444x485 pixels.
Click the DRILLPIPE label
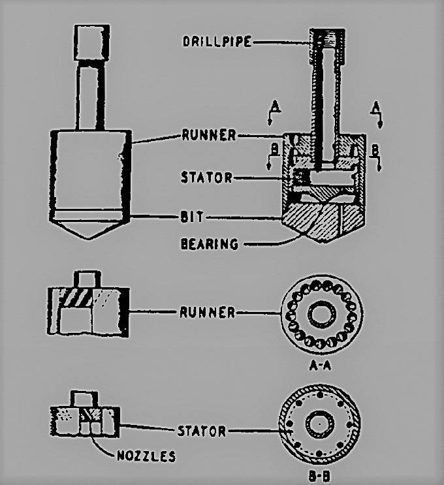pyautogui.click(x=217, y=41)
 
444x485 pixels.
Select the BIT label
pyautogui.click(x=192, y=217)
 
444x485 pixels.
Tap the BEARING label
pyautogui.click(x=210, y=244)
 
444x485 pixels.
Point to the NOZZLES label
pyautogui.click(x=146, y=456)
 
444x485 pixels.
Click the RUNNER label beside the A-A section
pyautogui.click(x=208, y=313)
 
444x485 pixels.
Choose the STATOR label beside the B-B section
pyautogui.click(x=202, y=431)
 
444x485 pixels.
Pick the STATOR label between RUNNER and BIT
pyautogui.click(x=206, y=178)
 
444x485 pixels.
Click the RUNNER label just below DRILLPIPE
pyautogui.click(x=209, y=135)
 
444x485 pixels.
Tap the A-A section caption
pyautogui.click(x=320, y=366)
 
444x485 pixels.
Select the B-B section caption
pyautogui.click(x=319, y=477)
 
